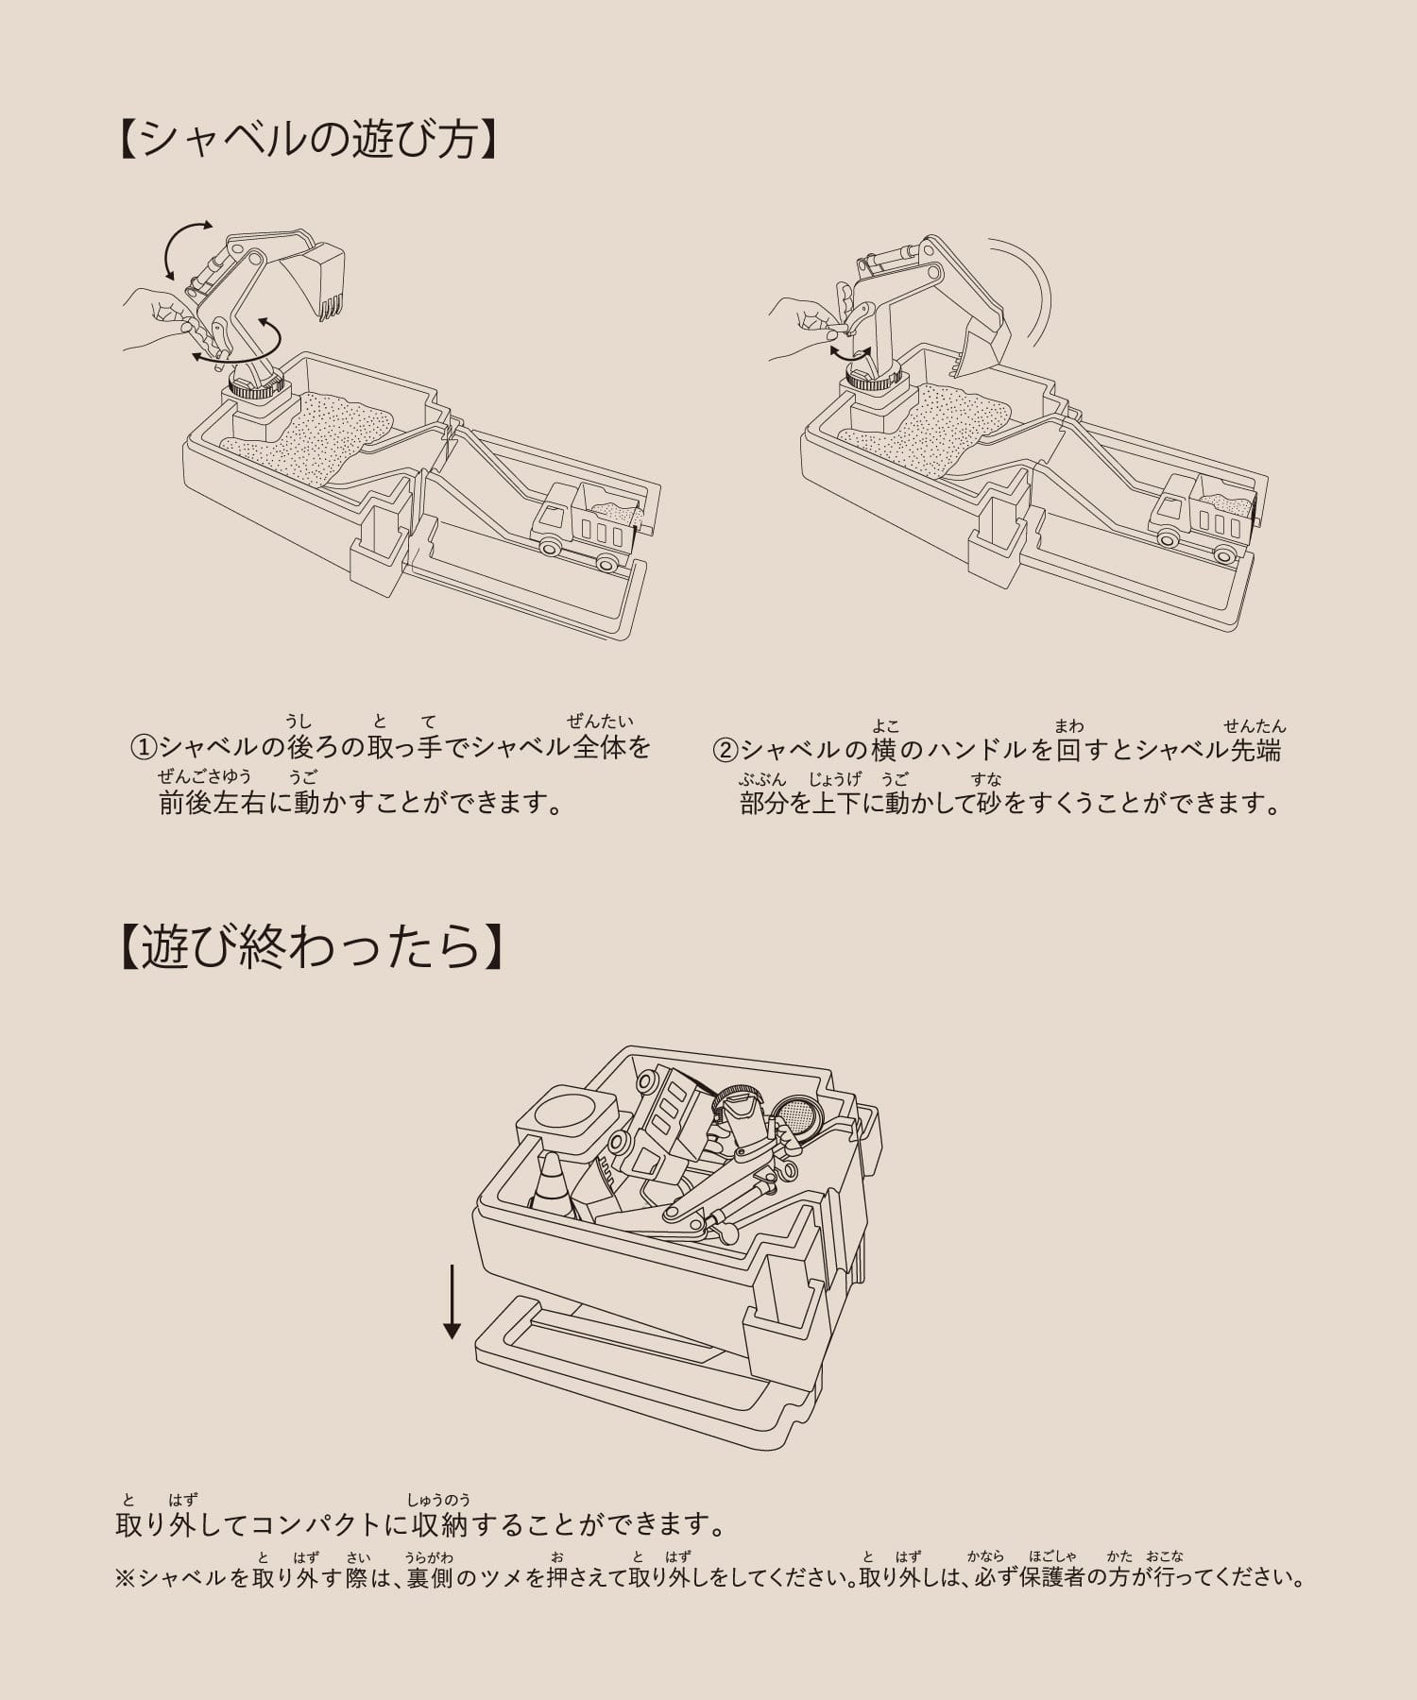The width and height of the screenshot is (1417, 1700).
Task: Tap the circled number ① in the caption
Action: coord(143,748)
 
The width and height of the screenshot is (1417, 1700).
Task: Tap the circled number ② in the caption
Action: coord(725,750)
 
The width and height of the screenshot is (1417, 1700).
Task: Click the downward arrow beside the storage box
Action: coord(452,1302)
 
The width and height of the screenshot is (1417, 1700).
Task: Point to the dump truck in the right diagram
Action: coord(1204,518)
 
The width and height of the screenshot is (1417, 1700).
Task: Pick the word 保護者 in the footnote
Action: coord(1052,1577)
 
